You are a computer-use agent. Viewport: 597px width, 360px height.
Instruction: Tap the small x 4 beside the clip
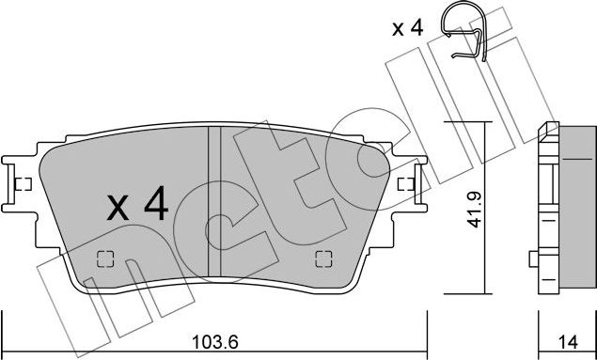tap(406, 29)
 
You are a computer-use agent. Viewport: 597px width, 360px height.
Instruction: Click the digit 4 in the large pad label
tap(156, 204)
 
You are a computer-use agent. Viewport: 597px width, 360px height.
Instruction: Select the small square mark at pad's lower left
tap(106, 259)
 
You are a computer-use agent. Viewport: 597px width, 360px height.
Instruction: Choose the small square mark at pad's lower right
tap(322, 259)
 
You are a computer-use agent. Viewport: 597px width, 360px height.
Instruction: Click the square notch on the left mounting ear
tap(24, 183)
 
